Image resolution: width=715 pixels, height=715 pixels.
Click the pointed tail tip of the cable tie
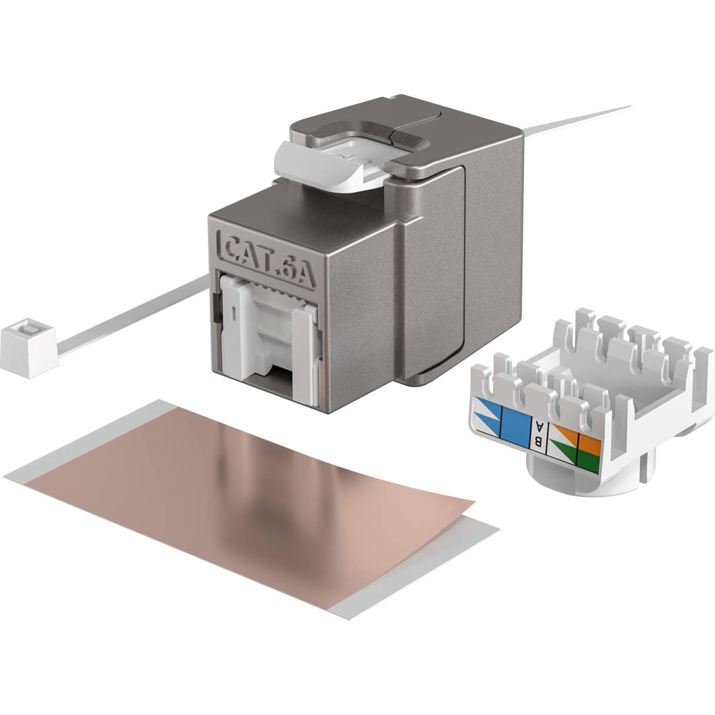tap(630, 107)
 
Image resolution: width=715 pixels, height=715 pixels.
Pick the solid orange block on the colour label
tap(589, 443)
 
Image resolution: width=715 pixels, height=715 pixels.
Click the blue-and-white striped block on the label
tap(488, 416)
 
